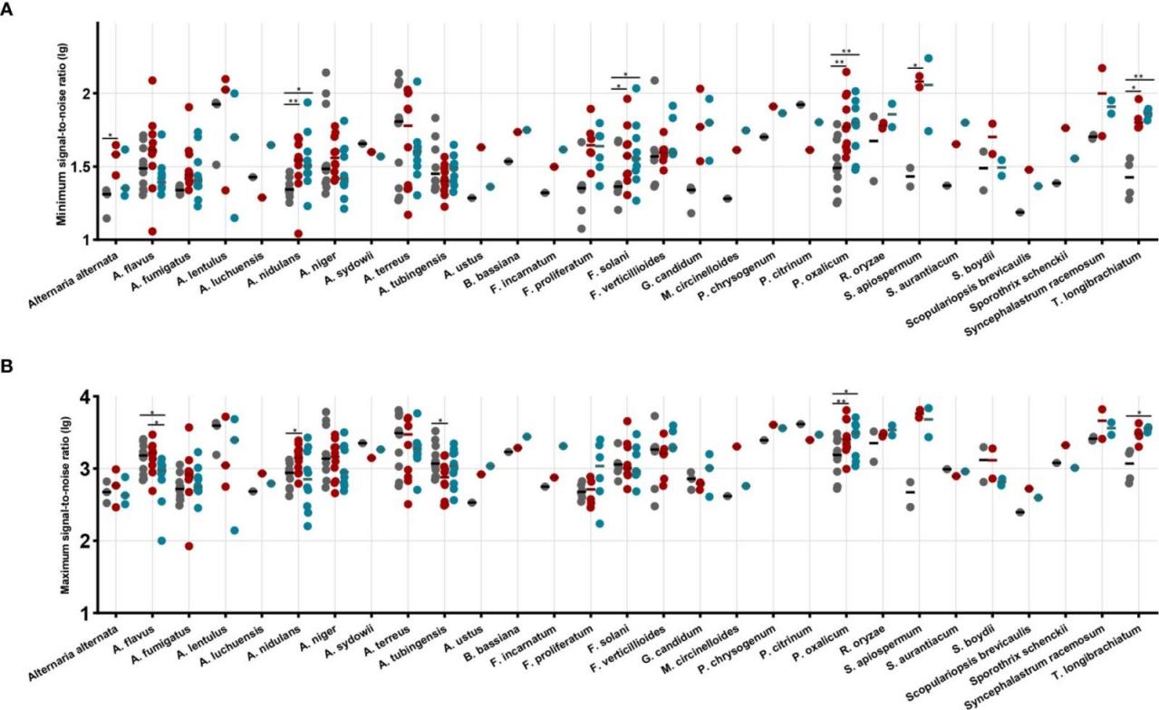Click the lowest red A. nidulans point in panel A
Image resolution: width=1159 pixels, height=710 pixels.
(298, 234)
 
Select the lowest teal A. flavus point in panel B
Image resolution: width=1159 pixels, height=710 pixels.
(161, 540)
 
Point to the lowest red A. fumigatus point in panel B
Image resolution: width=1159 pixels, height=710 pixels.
(188, 546)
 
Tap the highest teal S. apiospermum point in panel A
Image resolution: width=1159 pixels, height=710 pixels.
(928, 59)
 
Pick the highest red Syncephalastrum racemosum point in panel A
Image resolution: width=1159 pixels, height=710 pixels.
(1102, 68)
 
